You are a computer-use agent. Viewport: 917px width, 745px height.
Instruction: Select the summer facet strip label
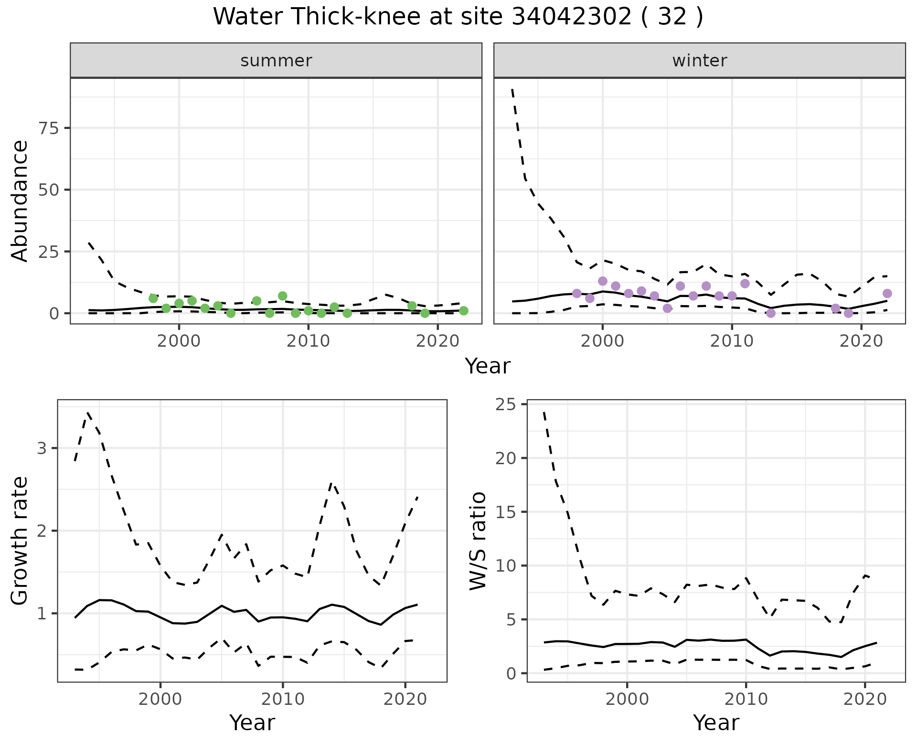[276, 61]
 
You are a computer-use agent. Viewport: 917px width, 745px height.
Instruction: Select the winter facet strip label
[699, 61]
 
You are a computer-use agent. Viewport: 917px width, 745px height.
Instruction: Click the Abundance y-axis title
[20, 201]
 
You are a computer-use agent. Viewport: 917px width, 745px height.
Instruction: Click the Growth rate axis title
[20, 541]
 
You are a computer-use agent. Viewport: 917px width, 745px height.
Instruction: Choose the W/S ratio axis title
[478, 541]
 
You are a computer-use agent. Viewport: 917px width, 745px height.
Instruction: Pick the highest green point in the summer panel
[282, 296]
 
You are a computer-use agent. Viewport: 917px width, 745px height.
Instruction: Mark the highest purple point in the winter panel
[603, 281]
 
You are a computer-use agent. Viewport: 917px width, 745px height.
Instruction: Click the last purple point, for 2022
[887, 293]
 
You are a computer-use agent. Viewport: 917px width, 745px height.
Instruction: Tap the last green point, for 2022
[463, 311]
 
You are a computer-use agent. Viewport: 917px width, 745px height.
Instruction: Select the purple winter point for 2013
[770, 313]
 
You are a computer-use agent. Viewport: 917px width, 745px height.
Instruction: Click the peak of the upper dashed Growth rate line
[88, 413]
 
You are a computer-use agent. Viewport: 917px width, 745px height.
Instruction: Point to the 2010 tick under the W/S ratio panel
[746, 699]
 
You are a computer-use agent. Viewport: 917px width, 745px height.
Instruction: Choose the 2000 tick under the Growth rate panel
[160, 699]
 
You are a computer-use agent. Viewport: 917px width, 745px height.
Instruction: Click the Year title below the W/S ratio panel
[716, 723]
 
